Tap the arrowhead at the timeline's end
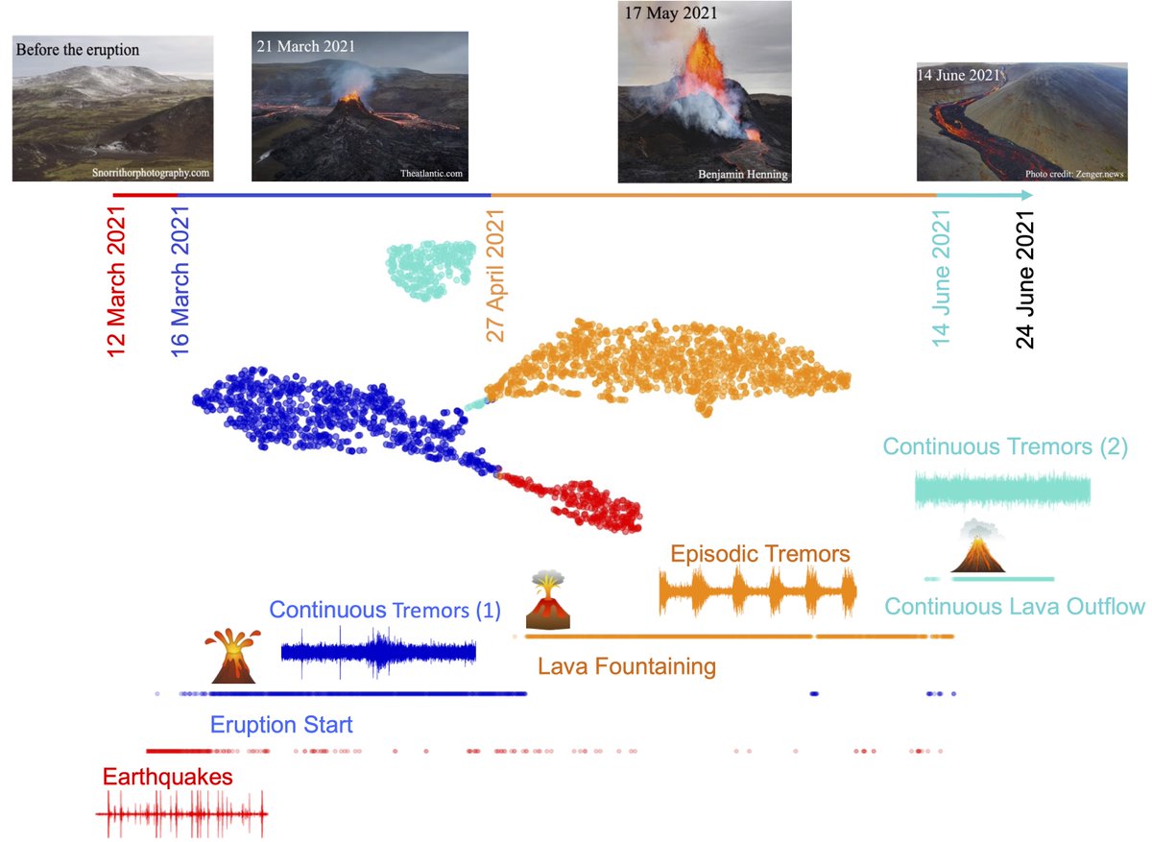pyautogui.click(x=1027, y=196)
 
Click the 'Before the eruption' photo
pyautogui.click(x=112, y=108)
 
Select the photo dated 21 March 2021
pyautogui.click(x=359, y=106)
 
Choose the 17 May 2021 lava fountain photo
pyautogui.click(x=706, y=91)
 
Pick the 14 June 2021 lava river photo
pyautogui.click(x=1020, y=121)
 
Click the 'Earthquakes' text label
pyautogui.click(x=168, y=777)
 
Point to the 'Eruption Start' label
pyautogui.click(x=281, y=724)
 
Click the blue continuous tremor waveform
pyautogui.click(x=378, y=653)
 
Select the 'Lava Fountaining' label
pyautogui.click(x=627, y=666)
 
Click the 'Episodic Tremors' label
pyautogui.click(x=759, y=554)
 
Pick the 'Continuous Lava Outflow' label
pyautogui.click(x=1015, y=607)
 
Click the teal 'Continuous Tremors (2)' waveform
pyautogui.click(x=1002, y=490)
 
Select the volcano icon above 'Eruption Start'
pyautogui.click(x=232, y=656)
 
